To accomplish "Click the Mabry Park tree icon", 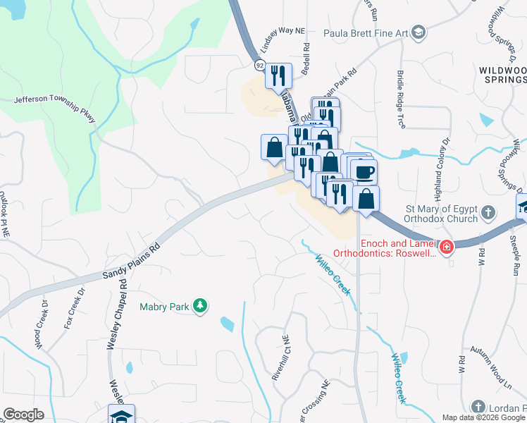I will click(x=201, y=305).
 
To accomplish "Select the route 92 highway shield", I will click(x=260, y=65).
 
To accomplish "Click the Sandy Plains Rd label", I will click(x=131, y=259).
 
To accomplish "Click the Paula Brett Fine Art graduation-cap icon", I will click(x=418, y=32).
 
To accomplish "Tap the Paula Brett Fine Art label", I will click(x=366, y=33).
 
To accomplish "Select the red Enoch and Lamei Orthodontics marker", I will click(x=446, y=247).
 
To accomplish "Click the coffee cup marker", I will click(x=364, y=172).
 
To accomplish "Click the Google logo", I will click(x=23, y=415).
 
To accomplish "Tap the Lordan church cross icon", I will click(x=478, y=407).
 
